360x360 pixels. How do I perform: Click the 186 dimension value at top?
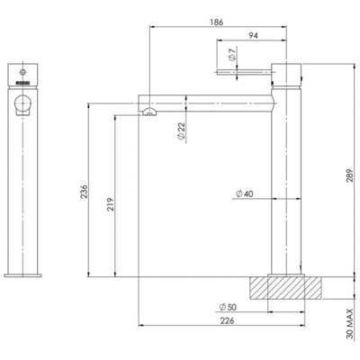click(x=216, y=18)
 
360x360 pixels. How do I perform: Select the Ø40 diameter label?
click(x=243, y=194)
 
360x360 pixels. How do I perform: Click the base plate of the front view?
click(x=24, y=274)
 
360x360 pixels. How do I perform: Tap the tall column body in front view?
click(x=24, y=189)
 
